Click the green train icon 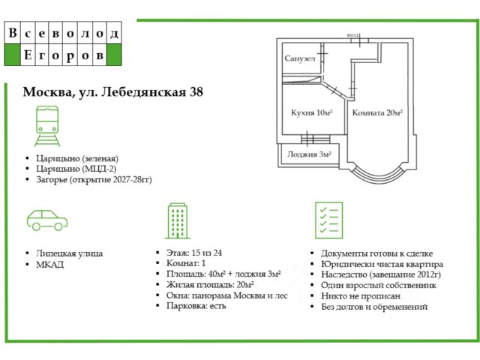click(47, 125)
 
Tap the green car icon click(47, 219)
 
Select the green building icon click(178, 220)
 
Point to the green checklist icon click(328, 220)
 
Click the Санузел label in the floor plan click(300, 58)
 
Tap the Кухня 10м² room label click(311, 112)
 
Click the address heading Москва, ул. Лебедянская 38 click(113, 92)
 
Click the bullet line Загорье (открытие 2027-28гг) click(88, 179)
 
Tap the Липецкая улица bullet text click(69, 253)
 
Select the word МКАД click(49, 264)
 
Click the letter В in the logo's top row click(13, 34)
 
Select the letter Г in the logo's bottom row click(45, 55)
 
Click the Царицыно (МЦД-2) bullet click(76, 169)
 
